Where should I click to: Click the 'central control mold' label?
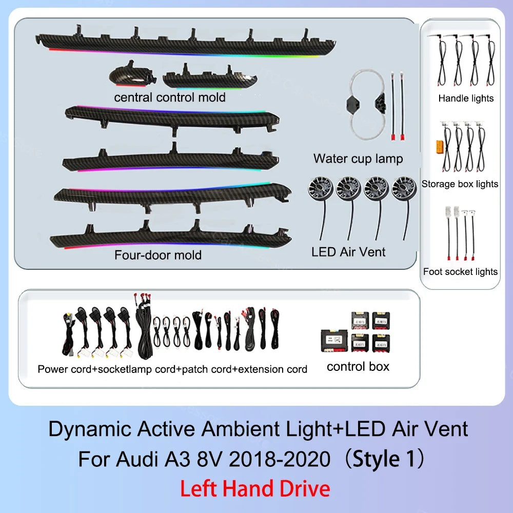(170, 97)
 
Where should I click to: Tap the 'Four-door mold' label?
(158, 255)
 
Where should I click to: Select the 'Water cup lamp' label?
(358, 159)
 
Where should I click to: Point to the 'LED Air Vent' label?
(348, 251)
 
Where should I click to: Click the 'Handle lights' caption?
(466, 98)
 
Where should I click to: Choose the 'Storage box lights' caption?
(460, 184)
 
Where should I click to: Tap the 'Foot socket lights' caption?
(460, 271)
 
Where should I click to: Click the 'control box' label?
(358, 367)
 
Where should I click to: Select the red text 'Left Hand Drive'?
(255, 489)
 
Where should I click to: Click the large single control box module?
(334, 341)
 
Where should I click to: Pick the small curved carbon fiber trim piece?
(132, 74)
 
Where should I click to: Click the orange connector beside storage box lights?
(439, 147)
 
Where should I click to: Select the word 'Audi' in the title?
(137, 459)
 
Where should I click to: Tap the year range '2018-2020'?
(279, 459)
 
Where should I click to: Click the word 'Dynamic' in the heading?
(89, 429)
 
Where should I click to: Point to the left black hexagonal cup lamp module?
(353, 105)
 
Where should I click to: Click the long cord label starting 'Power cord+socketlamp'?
(172, 369)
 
